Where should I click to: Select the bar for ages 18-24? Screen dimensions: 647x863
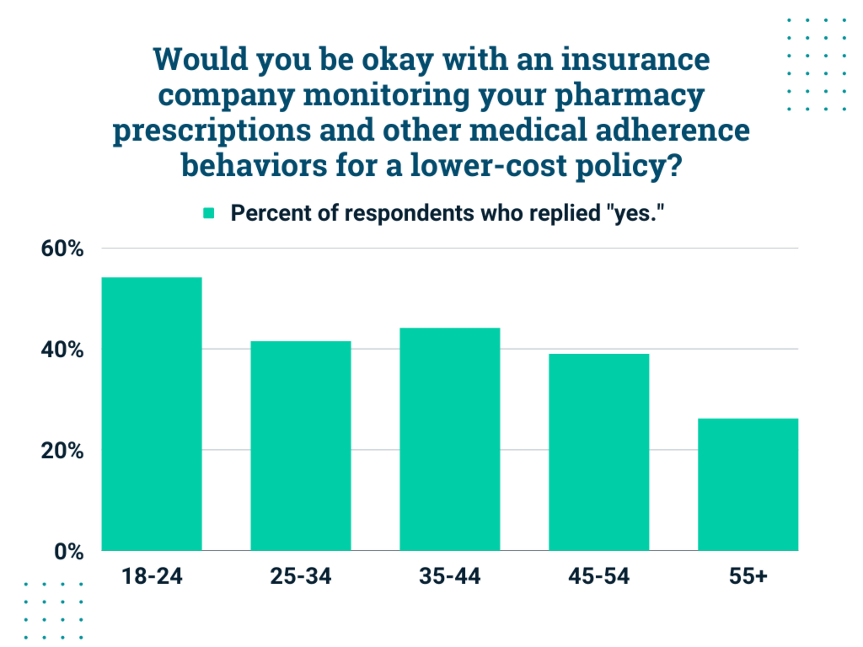[x=152, y=413]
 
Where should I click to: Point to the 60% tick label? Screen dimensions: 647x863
[x=62, y=248]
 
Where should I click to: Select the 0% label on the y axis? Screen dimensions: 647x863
[x=69, y=552]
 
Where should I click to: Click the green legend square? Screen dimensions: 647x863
[x=209, y=213]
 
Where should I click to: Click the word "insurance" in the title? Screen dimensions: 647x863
[x=636, y=59]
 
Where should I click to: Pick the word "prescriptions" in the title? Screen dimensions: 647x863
[x=212, y=130]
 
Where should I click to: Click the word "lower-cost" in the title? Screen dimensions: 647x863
[x=488, y=165]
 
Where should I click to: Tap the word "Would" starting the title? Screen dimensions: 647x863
[x=200, y=59]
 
